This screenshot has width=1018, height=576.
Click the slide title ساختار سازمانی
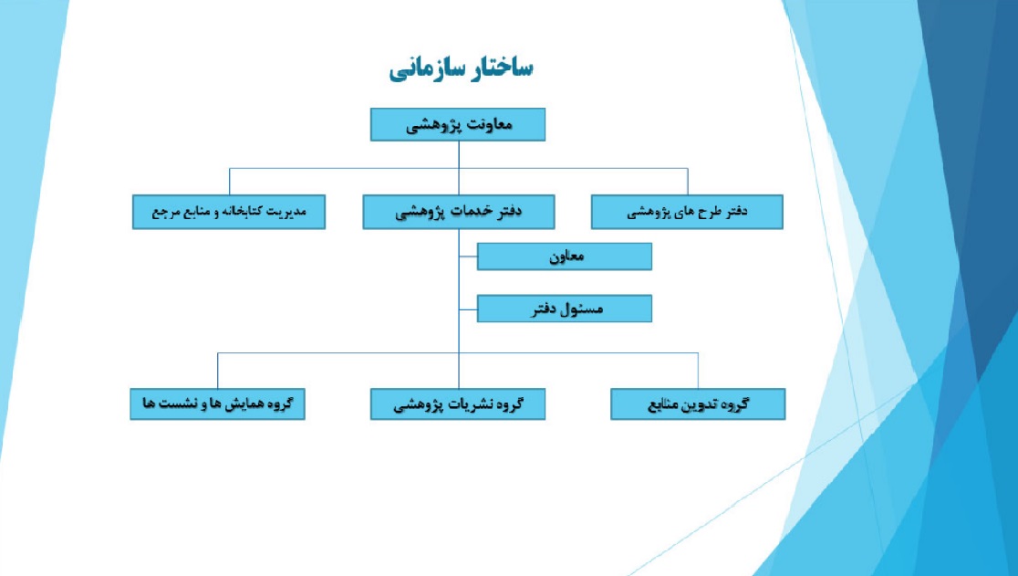point(461,68)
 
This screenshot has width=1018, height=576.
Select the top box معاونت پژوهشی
point(458,125)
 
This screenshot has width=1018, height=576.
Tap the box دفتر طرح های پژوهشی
point(687,212)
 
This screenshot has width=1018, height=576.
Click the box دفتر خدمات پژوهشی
point(458,212)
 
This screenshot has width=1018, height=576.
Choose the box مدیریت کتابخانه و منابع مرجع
point(229,212)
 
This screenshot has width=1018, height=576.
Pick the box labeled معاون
point(564,257)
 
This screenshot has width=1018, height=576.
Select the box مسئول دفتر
point(564,309)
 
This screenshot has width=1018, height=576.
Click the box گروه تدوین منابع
point(698,403)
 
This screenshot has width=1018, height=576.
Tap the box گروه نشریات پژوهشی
point(458,403)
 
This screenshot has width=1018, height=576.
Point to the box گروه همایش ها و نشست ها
point(217,403)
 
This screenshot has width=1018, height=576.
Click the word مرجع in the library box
point(165,213)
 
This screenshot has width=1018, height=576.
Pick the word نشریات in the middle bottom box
point(473,404)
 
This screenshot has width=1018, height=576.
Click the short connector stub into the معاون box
point(468,257)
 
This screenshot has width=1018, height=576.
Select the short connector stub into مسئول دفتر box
point(468,309)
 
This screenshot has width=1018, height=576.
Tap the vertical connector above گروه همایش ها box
point(217,371)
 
